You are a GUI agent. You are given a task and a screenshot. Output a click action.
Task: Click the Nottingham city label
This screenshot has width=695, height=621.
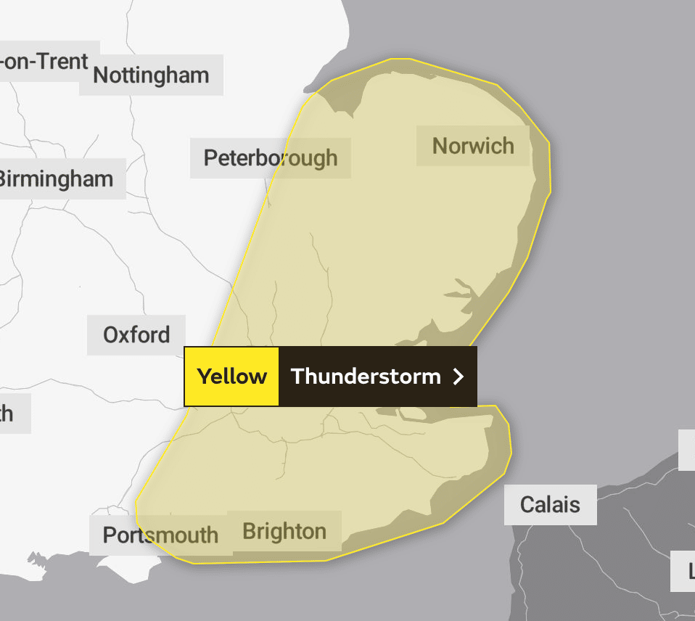151,75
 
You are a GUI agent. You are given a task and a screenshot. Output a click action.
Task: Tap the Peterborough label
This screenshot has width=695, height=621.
270,157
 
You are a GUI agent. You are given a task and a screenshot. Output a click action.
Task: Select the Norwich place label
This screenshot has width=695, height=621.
473,146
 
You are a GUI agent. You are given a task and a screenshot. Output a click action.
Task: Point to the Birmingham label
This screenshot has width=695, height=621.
57,178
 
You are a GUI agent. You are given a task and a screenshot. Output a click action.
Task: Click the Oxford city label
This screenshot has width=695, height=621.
136,335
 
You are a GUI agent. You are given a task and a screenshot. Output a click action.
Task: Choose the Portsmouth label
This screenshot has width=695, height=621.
160,535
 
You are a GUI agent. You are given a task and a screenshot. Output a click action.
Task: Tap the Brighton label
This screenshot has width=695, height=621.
284,532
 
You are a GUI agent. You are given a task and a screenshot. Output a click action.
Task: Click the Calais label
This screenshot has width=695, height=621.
550,504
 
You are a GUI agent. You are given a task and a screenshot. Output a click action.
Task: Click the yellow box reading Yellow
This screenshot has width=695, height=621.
232,377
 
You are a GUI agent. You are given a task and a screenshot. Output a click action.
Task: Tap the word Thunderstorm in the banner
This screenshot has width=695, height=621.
366,377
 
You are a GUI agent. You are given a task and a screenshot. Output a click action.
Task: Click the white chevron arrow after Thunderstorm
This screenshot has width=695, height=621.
458,377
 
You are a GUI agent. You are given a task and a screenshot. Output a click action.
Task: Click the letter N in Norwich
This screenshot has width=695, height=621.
440,146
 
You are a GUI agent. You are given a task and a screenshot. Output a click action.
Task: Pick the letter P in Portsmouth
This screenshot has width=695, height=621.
109,535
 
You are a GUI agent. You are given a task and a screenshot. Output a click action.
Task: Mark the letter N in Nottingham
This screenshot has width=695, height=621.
101,75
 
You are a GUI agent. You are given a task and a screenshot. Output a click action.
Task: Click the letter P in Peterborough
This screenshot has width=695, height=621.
210,157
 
